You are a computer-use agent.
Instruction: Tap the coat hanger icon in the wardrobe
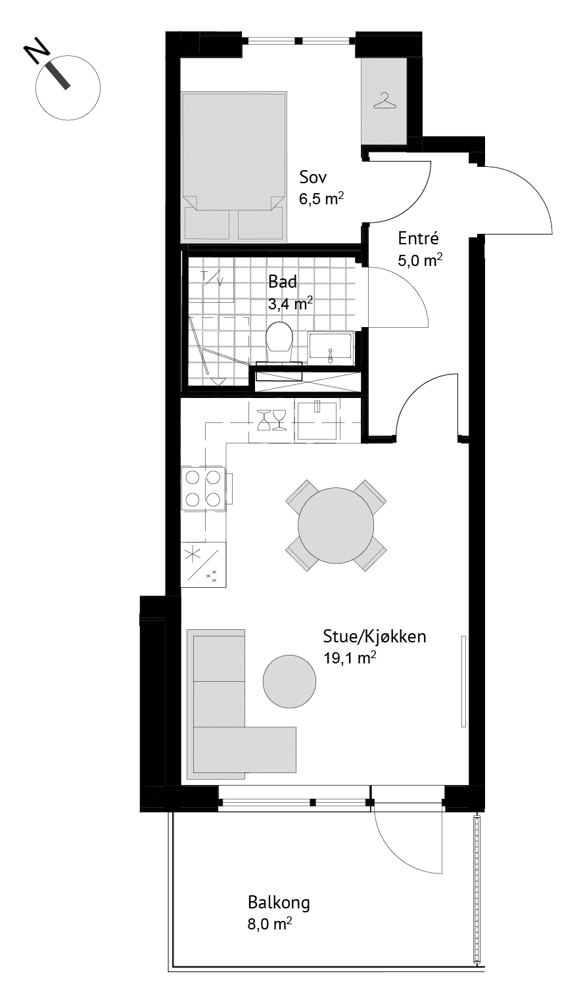pos(385,100)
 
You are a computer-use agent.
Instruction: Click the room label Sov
pos(313,177)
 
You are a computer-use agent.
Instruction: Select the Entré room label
pos(418,238)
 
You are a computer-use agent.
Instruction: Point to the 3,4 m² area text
pos(291,304)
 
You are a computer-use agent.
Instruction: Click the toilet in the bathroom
pos(279,341)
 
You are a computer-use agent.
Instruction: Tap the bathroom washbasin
pos(331,346)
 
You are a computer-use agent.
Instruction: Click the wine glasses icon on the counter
pos(271,420)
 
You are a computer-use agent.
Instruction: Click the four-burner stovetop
pos(203,488)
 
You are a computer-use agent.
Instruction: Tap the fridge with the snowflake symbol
pos(203,564)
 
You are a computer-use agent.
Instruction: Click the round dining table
pos(336,525)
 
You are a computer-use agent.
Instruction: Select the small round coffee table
pos(289,681)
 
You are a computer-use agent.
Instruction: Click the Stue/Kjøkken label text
pos(375,636)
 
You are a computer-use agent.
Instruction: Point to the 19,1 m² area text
pos(350,658)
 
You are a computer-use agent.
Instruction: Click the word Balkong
pos(279,903)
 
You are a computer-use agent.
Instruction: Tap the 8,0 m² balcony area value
pos(269,924)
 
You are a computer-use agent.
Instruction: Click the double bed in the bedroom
pos(233,167)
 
